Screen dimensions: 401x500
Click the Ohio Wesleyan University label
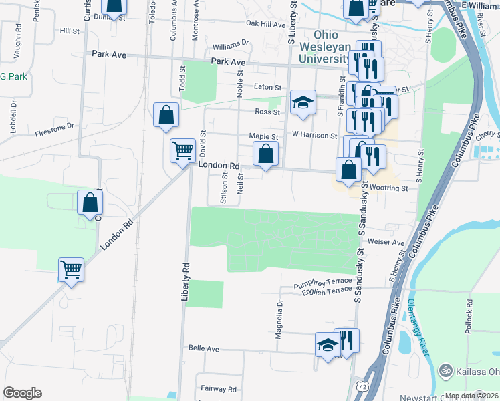coord(334,47)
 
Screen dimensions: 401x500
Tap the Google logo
coord(22,393)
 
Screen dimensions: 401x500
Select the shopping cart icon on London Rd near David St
coord(182,150)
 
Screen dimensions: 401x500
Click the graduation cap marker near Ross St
coord(303,103)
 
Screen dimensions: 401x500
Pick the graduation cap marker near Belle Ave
coord(328,346)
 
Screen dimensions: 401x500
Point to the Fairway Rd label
coord(219,388)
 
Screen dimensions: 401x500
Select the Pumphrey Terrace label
coord(322,285)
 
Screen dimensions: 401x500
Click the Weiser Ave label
coord(386,243)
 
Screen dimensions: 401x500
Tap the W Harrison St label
coord(314,136)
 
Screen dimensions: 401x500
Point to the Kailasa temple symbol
coord(445,370)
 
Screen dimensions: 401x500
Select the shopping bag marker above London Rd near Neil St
coord(266,154)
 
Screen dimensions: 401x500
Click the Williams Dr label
coord(231,47)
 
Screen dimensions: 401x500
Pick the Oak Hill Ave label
coord(265,24)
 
